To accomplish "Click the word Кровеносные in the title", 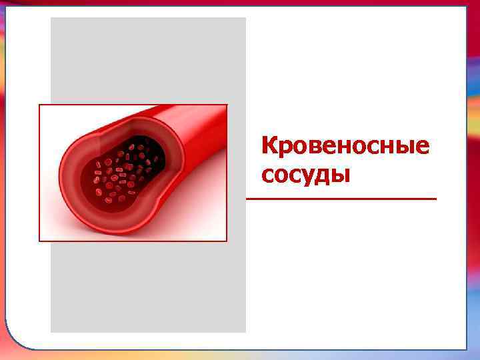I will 345,145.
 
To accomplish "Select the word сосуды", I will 306,175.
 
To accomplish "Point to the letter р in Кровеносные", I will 285,148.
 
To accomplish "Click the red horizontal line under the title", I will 341,199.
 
